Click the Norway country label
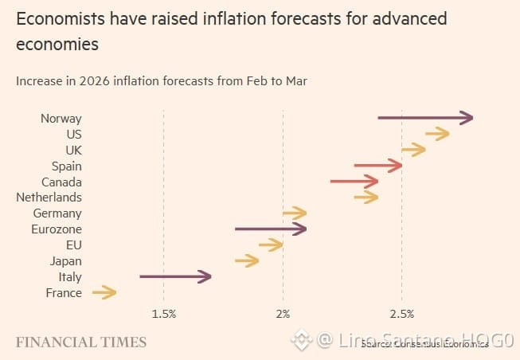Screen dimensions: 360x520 click(x=61, y=118)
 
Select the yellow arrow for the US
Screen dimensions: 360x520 click(x=437, y=134)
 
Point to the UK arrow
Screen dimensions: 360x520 click(x=413, y=150)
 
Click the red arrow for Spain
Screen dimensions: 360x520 click(x=377, y=166)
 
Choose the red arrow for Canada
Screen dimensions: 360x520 click(x=354, y=182)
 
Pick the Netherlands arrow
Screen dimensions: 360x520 click(x=366, y=197)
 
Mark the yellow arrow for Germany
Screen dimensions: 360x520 click(x=294, y=213)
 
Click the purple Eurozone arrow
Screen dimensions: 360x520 click(x=270, y=229)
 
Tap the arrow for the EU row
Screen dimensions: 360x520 click(x=271, y=245)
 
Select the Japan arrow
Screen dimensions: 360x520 click(x=246, y=260)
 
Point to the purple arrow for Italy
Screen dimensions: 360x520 click(x=175, y=276)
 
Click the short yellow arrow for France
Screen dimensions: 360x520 click(x=104, y=293)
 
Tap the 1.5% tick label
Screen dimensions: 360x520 click(x=163, y=314)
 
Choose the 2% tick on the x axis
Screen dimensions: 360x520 click(x=283, y=314)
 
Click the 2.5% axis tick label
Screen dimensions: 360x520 click(x=402, y=314)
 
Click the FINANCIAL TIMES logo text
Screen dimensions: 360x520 click(x=81, y=342)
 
